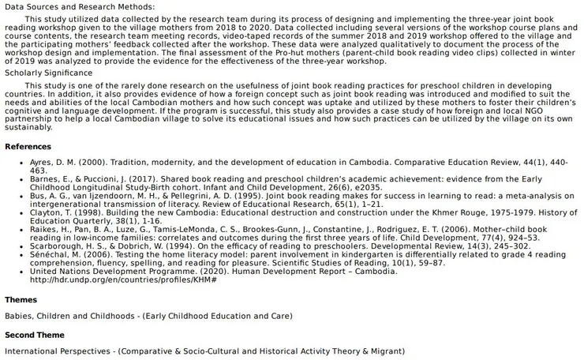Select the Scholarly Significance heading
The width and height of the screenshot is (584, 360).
[x=49, y=73]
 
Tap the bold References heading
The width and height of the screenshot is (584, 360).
[x=28, y=147]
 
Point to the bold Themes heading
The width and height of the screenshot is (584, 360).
[x=21, y=300]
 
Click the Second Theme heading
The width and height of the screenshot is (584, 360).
[x=34, y=334]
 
